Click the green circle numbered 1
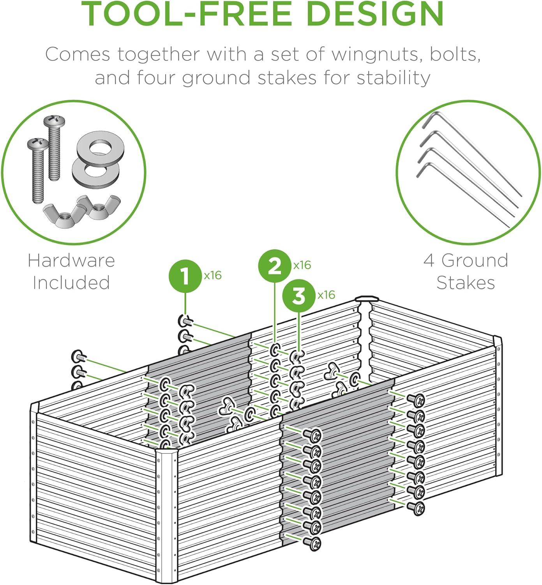[x=185, y=276]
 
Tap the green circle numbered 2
[x=275, y=266]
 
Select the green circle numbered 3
[x=299, y=296]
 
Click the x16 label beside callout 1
[x=213, y=275]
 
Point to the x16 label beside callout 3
[x=326, y=295]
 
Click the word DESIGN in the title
[x=375, y=14]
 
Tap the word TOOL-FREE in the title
[x=186, y=14]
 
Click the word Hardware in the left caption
[x=71, y=261]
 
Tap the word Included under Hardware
[x=71, y=283]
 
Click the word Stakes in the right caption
[x=466, y=283]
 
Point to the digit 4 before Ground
[x=429, y=261]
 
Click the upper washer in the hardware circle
[x=101, y=149]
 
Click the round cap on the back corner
[x=367, y=299]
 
